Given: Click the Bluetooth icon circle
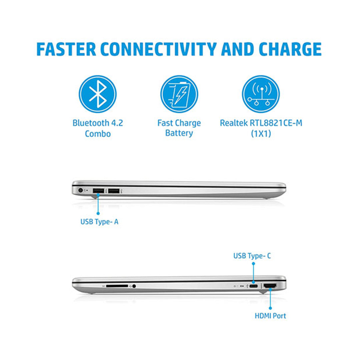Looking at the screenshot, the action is [98, 94].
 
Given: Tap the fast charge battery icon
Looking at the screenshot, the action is [179, 94].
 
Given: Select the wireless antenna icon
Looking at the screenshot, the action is [261, 94].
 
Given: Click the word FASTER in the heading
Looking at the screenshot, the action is [66, 49].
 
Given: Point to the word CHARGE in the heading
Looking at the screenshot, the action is [290, 49].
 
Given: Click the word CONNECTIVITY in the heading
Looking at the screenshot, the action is [158, 49].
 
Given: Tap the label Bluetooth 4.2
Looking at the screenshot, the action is [98, 123].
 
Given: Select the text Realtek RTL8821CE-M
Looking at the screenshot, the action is [261, 123].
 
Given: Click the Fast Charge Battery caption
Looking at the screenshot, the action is [179, 128].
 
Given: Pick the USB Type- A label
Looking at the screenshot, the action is [99, 222].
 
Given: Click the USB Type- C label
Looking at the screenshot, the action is [252, 256].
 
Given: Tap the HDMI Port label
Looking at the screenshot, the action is [270, 316].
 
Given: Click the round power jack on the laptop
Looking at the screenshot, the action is [80, 190].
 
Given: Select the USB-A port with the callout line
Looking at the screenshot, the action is [98, 191].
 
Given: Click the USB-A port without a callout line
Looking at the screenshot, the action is [114, 191].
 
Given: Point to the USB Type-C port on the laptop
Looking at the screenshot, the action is [253, 286].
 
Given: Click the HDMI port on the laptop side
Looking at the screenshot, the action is [270, 286].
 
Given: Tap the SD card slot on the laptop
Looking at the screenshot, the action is [117, 286].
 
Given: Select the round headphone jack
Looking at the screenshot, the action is [134, 286].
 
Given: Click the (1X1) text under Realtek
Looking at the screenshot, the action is [261, 133].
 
